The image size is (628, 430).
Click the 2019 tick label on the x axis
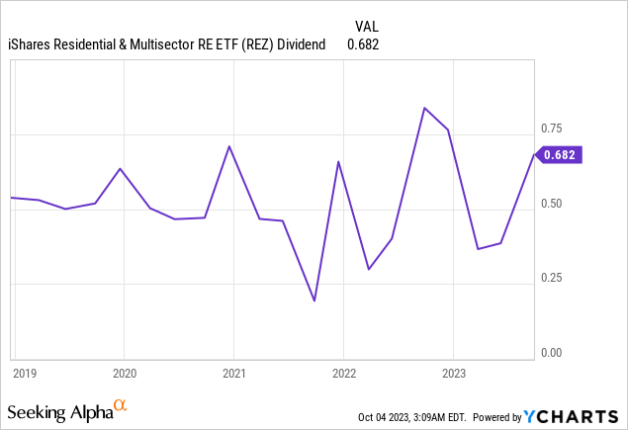tap(24, 374)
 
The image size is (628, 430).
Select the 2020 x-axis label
tap(125, 374)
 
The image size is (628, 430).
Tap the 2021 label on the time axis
tap(233, 374)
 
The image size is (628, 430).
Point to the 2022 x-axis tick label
tap(343, 374)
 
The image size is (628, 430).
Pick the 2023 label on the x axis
tap(453, 374)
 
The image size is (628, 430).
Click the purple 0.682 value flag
tap(561, 154)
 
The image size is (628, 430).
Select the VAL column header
tap(365, 25)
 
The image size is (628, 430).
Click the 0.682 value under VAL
tap(363, 43)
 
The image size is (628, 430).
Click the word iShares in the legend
tap(31, 43)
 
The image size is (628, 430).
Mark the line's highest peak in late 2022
tap(424, 108)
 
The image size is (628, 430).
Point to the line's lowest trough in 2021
tap(314, 301)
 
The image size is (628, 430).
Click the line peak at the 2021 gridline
tap(229, 146)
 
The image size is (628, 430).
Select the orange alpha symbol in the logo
tap(120, 405)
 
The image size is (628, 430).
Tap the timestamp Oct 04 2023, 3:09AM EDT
tap(422, 417)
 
